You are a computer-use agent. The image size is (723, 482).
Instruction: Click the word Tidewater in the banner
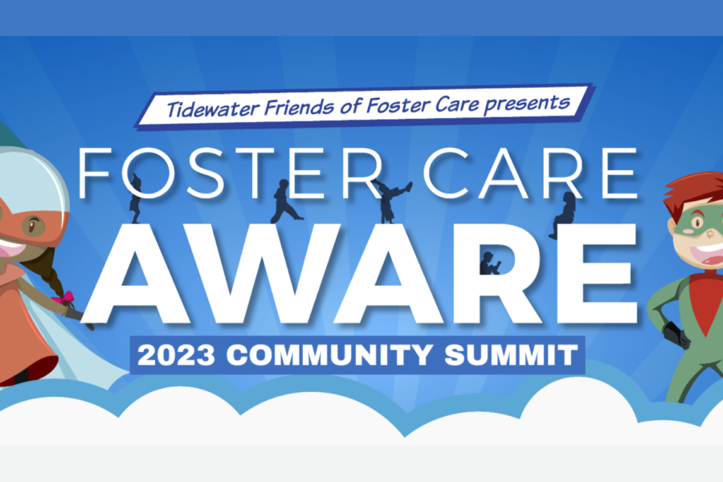click(213, 109)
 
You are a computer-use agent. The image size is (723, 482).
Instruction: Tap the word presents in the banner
click(527, 104)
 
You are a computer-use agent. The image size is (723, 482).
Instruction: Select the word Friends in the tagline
click(300, 107)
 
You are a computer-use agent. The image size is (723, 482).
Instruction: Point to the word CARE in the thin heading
click(529, 174)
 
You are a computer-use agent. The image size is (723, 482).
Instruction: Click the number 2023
click(176, 355)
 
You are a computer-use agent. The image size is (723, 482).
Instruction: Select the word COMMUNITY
click(329, 355)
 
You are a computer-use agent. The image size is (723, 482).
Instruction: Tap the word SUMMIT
click(511, 355)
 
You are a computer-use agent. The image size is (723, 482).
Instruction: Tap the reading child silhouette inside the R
click(488, 263)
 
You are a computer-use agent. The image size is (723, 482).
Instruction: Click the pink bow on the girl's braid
click(63, 297)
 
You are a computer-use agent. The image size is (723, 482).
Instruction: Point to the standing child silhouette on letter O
click(135, 198)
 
